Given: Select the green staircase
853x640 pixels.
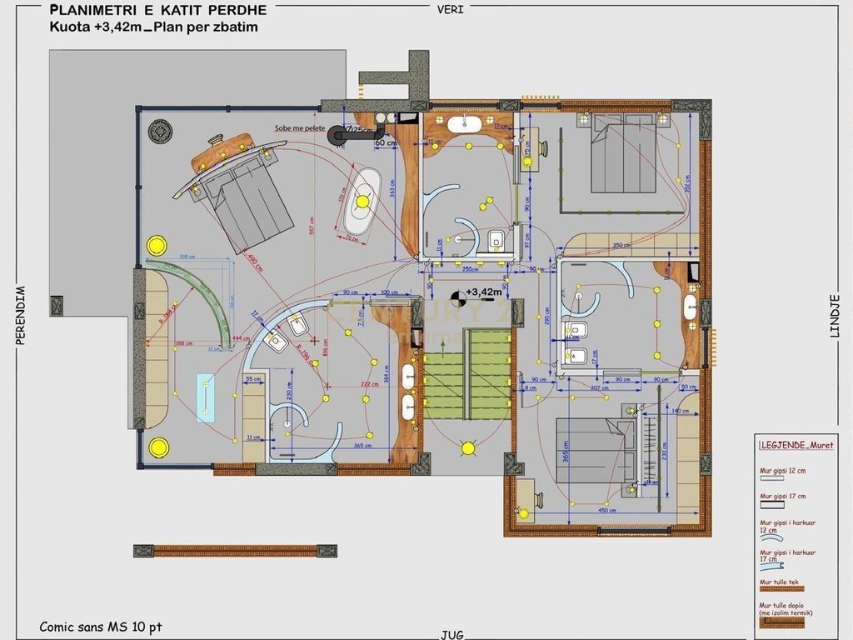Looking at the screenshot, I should pyautogui.click(x=466, y=374).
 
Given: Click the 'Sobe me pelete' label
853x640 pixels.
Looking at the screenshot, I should pyautogui.click(x=300, y=128).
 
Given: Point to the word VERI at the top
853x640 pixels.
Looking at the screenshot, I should pyautogui.click(x=451, y=9).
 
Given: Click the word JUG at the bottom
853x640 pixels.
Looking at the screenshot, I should pyautogui.click(x=452, y=634).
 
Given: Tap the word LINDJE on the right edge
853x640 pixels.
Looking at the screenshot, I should pyautogui.click(x=835, y=316).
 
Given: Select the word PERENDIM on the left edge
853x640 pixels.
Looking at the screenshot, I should pyautogui.click(x=19, y=315).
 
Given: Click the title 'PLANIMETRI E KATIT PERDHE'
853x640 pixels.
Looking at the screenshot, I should pyautogui.click(x=158, y=10).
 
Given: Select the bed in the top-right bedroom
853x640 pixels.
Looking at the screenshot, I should pyautogui.click(x=621, y=154).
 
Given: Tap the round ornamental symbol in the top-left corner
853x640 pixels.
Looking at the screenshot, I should pyautogui.click(x=160, y=131).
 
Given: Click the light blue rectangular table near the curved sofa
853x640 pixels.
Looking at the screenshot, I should pyautogui.click(x=205, y=398).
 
